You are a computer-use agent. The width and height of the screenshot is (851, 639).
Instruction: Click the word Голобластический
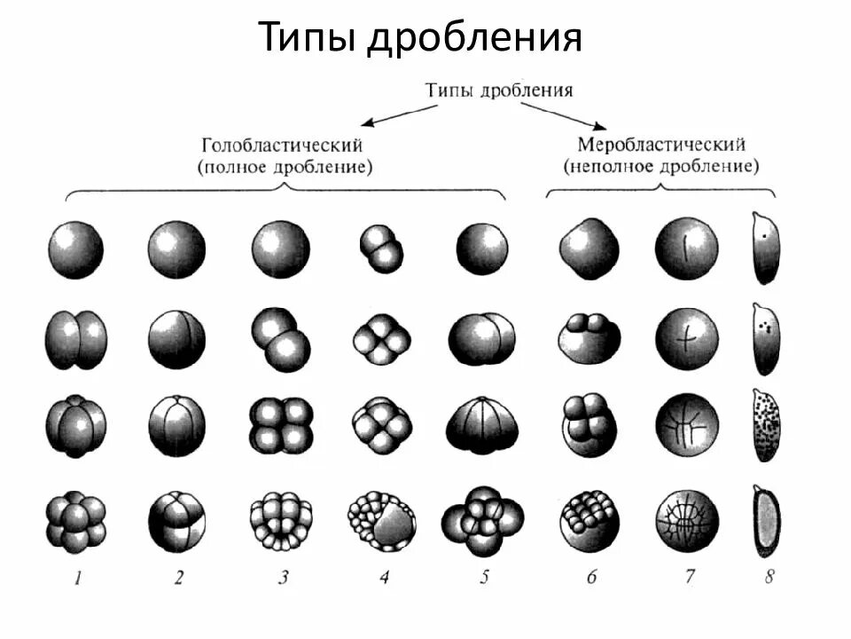pos(283,144)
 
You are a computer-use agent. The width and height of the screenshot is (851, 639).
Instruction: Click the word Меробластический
pos(661,144)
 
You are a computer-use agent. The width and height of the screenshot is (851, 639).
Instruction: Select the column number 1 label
pos(78,579)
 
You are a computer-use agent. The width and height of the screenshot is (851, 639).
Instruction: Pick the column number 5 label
pos(483,577)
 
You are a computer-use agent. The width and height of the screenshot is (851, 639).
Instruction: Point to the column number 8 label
pos(769,577)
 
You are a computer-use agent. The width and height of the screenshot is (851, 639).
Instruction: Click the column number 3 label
pos(283,579)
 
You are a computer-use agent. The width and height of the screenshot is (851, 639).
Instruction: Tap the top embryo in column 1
pos(75,248)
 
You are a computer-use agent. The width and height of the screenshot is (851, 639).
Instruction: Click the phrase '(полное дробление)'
pos(283,166)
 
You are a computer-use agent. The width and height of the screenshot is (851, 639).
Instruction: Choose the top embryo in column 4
pos(381,247)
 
